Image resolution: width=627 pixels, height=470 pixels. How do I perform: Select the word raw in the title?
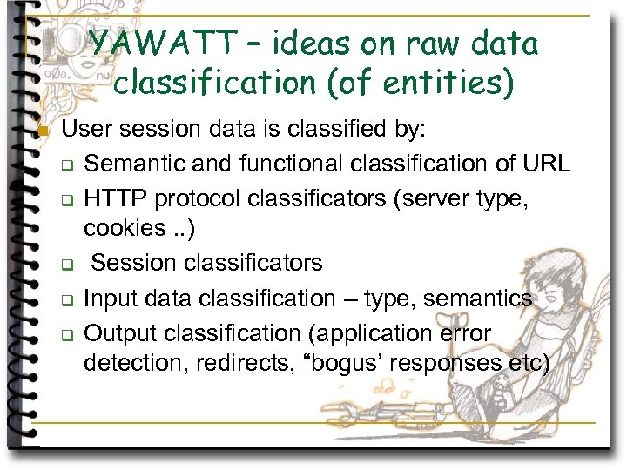416,43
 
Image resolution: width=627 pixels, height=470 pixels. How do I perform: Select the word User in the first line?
86,130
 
